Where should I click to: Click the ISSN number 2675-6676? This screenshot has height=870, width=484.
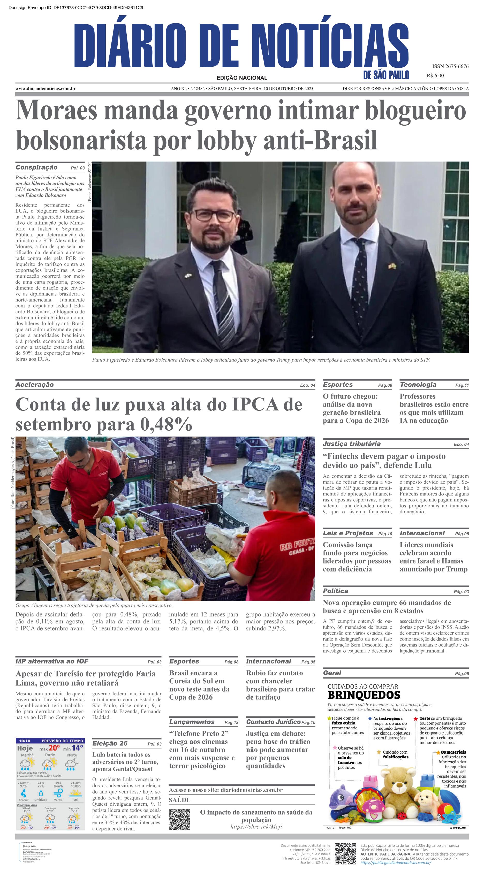(450, 66)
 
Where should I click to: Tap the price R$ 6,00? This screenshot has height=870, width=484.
(435, 76)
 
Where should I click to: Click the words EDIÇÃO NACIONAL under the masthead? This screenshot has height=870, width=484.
(242, 78)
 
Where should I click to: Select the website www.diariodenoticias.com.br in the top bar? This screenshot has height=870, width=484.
(46, 88)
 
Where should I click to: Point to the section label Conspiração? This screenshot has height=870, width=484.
(36, 167)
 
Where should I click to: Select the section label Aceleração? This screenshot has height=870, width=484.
(34, 385)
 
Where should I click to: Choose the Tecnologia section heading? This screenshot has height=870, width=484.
(418, 385)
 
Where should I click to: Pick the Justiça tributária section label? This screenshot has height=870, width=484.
(351, 444)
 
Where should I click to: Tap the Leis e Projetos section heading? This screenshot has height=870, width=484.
(348, 533)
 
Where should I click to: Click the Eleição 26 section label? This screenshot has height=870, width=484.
(110, 743)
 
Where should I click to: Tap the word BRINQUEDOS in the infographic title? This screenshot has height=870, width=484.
(364, 695)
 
